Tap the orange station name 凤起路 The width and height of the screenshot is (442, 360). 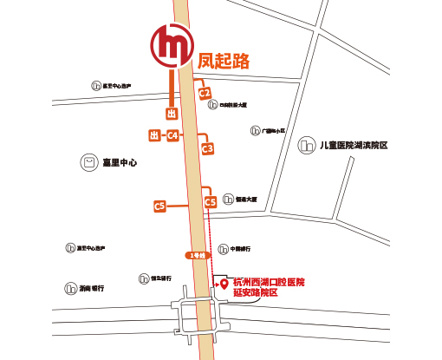tap(224, 61)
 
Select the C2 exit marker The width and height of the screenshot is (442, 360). tap(205, 92)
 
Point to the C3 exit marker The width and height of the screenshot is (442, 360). tap(207, 149)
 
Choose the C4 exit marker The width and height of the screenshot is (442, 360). tap(173, 135)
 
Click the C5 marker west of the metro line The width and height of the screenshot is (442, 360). tap(159, 206)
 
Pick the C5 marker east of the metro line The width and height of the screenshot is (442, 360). tap(210, 202)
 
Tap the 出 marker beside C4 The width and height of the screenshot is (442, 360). tap(154, 135)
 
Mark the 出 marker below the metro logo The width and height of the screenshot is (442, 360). tap(172, 113)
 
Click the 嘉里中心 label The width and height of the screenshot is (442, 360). tap(120, 162)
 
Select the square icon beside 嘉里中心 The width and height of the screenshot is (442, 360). tap(88, 162)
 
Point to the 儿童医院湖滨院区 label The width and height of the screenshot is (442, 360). tap(353, 146)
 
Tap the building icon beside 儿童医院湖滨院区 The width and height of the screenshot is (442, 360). tap(305, 146)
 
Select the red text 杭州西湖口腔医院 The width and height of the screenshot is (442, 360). tap(270, 283)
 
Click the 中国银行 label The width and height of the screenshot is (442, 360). tap(241, 248)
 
